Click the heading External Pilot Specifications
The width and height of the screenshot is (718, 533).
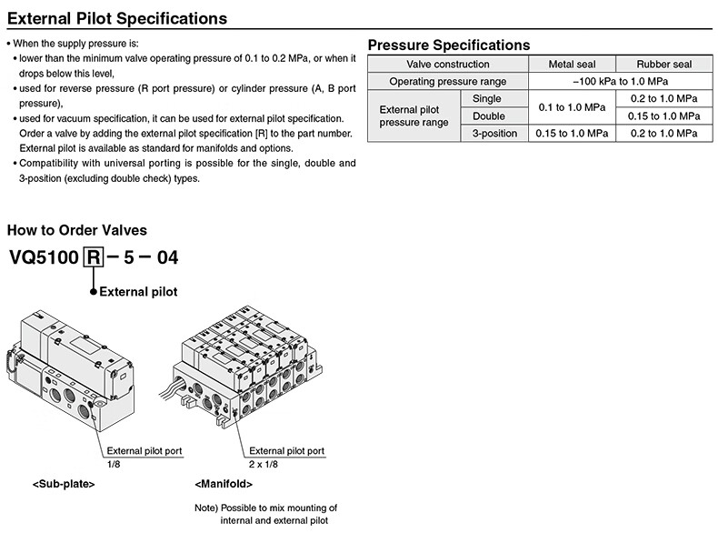117,18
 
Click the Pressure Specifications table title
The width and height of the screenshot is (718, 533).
448,45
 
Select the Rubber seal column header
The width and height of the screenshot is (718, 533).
663,65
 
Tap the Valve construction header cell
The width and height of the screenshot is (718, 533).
447,65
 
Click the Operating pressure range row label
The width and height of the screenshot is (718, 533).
447,82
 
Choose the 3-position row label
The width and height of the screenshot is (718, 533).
493,134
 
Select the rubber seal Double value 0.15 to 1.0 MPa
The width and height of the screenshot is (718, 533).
663,116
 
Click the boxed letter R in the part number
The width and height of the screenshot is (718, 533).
93,257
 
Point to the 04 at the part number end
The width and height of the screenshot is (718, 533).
167,257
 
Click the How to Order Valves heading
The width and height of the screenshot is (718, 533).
77,231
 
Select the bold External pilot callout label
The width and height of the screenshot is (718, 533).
137,292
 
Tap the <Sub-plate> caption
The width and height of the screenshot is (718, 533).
64,484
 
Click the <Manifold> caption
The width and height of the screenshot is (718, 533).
224,484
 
